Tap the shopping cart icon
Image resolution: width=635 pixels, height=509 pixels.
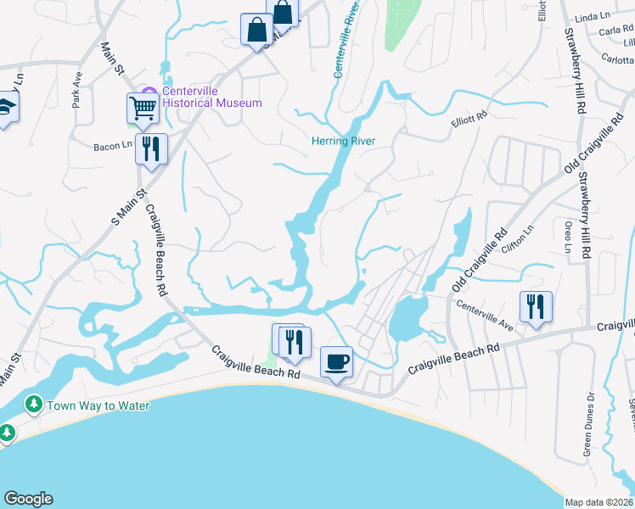coord(143,107)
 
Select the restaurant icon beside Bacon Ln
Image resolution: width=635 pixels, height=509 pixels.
coord(150,148)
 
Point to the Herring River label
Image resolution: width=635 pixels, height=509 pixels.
coord(343,141)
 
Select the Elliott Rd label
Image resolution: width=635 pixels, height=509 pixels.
coord(469,125)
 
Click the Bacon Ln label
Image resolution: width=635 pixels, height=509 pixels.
coord(113,146)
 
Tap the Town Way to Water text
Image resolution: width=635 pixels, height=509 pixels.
coord(98,406)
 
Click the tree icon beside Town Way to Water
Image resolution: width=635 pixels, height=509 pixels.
coord(33,405)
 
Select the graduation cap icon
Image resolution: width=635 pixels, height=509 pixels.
coord(7,108)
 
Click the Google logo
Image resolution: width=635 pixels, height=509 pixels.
coord(27,499)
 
